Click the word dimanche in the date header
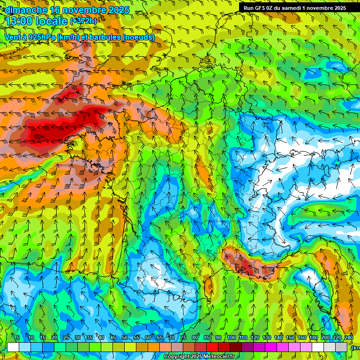[x=26, y=10]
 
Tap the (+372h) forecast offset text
[x=83, y=21]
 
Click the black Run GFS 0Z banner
[x=294, y=7]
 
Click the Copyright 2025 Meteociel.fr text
[x=199, y=357]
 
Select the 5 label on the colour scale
[x=18, y=338]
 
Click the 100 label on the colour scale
[x=232, y=338]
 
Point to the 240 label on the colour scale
[x=349, y=338]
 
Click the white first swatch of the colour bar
[x=13, y=347]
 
